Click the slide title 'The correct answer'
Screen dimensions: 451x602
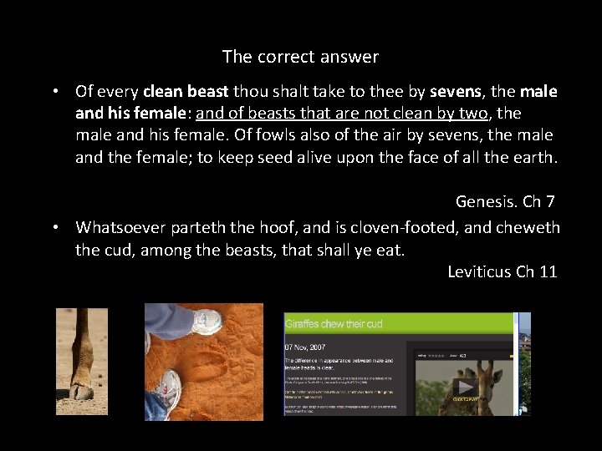click(x=300, y=57)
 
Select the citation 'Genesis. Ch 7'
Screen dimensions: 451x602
click(x=506, y=201)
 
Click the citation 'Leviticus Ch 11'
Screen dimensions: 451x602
click(x=502, y=271)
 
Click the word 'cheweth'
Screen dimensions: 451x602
click(x=525, y=227)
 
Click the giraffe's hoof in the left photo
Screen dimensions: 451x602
click(x=81, y=391)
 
